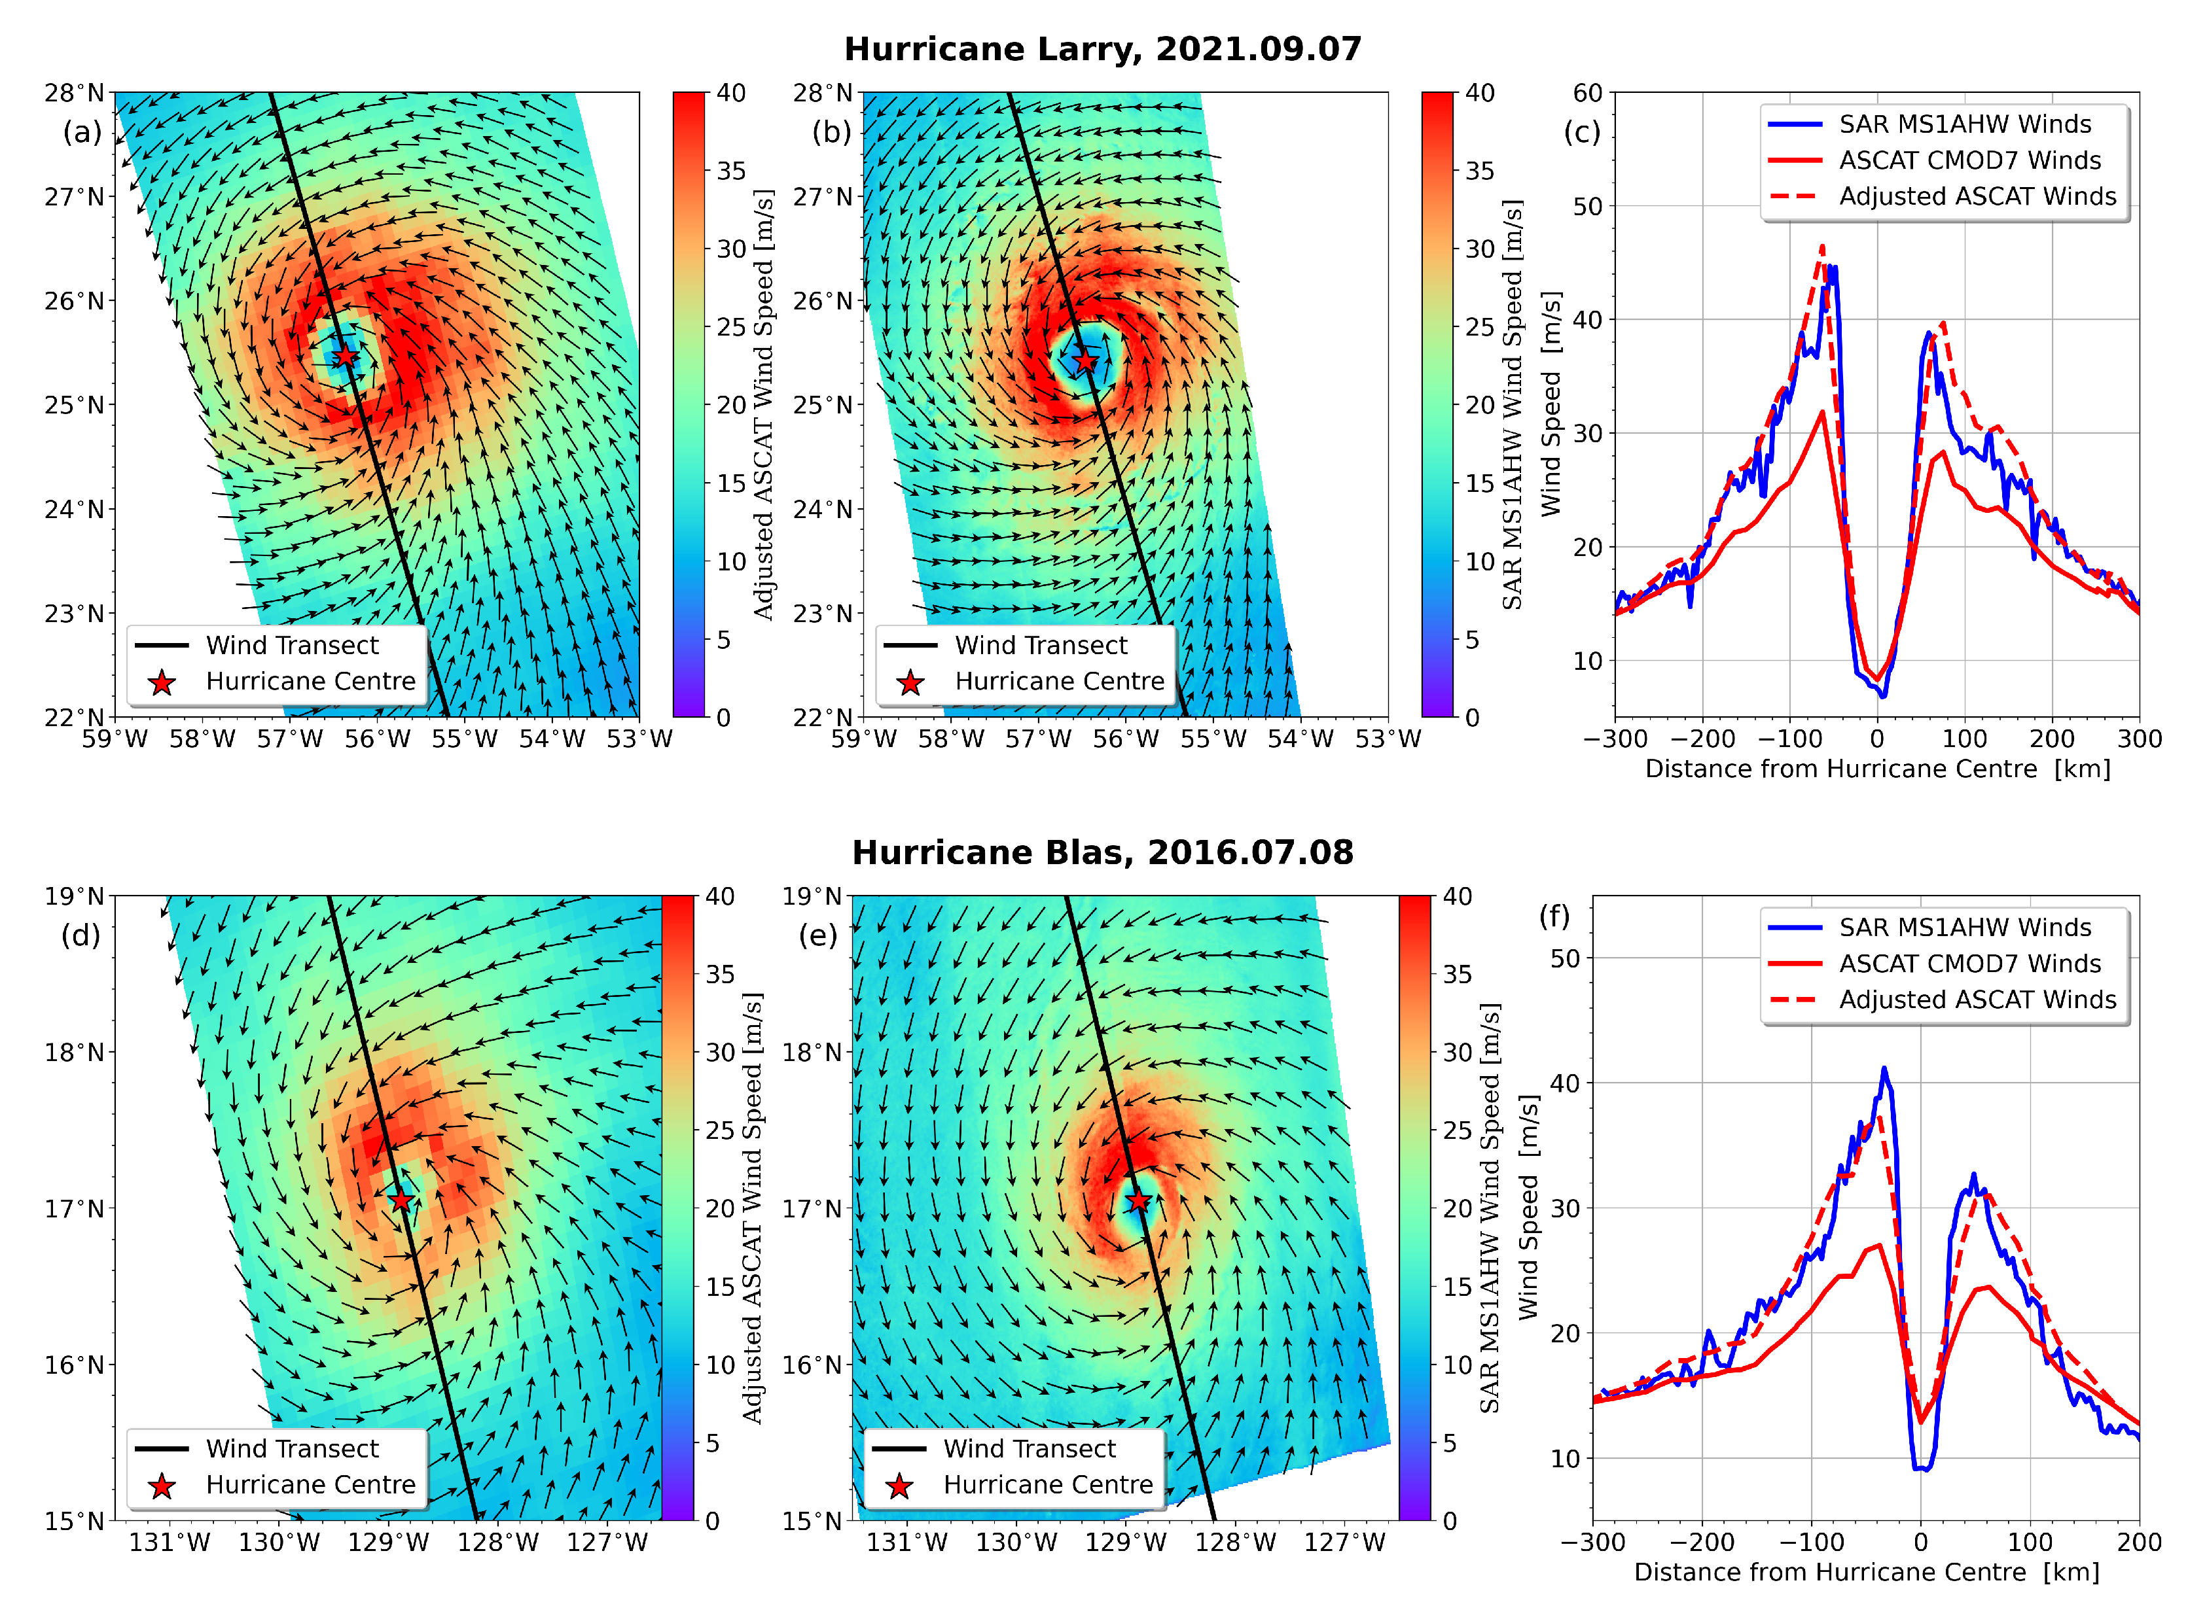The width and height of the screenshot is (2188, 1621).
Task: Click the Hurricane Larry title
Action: (x=1102, y=49)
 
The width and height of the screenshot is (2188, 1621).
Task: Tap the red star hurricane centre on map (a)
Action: (x=344, y=356)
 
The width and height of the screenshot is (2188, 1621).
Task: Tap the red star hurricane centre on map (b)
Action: (x=1085, y=361)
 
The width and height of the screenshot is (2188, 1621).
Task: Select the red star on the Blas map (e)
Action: (x=1138, y=1200)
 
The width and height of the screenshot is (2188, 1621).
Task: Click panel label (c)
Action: (x=1581, y=131)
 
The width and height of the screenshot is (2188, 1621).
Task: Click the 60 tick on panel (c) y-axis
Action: (x=1587, y=93)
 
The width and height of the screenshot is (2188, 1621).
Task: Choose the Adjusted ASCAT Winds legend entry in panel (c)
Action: (x=1976, y=196)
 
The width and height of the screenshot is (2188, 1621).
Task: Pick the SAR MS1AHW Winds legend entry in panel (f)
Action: (x=1964, y=928)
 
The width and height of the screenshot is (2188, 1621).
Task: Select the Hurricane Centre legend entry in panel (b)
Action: (x=1058, y=681)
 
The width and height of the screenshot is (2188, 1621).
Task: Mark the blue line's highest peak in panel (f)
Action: (x=1884, y=1069)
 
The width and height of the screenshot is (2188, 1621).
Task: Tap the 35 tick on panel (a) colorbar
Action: (x=731, y=171)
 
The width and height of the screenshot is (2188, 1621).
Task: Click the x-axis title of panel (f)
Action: (x=1866, y=1572)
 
